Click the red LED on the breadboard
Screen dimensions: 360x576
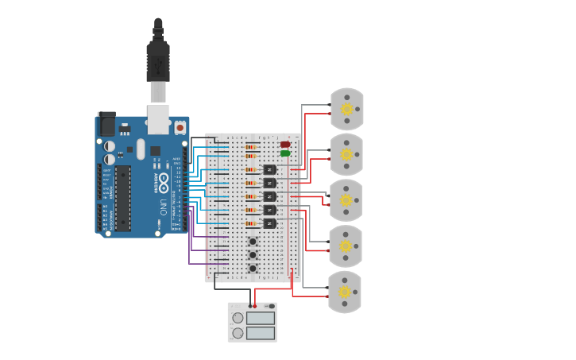(x=284, y=145)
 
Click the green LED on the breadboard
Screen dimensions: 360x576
(x=284, y=153)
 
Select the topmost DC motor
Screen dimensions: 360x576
(x=346, y=109)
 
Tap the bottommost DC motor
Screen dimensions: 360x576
(x=345, y=292)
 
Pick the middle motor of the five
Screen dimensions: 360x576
(x=346, y=200)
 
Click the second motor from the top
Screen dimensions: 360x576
(x=346, y=154)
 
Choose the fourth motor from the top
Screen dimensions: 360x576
(x=346, y=246)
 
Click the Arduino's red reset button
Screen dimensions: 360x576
(x=180, y=127)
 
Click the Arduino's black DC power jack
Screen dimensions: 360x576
(x=106, y=125)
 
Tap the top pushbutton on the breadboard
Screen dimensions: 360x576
(x=253, y=242)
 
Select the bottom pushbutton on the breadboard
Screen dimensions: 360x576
(x=253, y=269)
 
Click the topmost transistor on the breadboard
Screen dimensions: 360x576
(x=270, y=169)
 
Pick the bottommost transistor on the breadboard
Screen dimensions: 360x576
(x=270, y=223)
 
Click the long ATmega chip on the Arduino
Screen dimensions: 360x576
(x=122, y=198)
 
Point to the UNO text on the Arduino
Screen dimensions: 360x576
(x=163, y=207)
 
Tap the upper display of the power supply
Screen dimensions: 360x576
(x=260, y=318)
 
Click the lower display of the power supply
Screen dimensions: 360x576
(x=260, y=333)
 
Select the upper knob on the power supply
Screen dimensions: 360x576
(x=238, y=318)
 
